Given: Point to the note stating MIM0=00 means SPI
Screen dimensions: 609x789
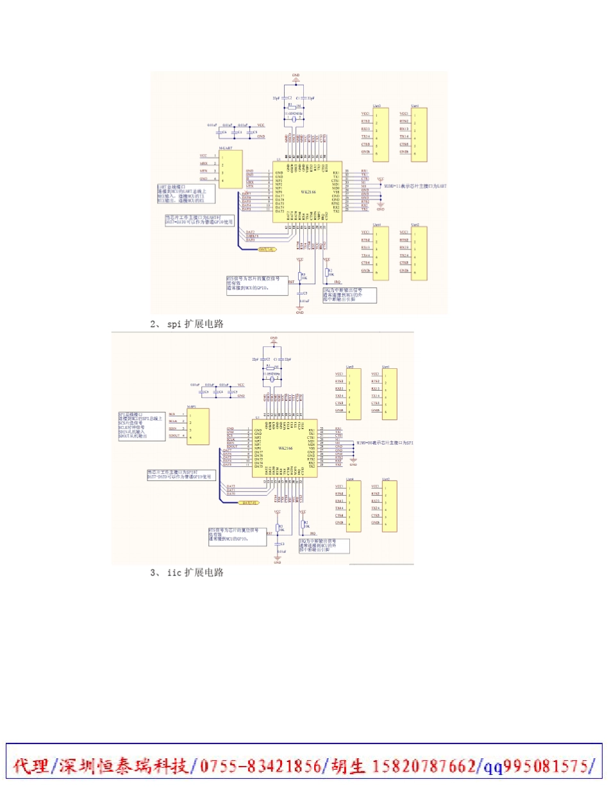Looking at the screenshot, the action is point(385,443).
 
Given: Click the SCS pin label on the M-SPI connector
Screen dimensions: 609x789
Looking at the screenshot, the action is point(172,414).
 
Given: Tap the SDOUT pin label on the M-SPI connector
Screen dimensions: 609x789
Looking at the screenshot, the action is point(173,436).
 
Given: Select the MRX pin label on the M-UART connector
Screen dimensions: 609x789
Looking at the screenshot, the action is point(203,164).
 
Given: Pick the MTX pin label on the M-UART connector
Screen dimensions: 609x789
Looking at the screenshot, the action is point(203,172).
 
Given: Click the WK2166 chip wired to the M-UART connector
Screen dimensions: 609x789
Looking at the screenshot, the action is point(309,192).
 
